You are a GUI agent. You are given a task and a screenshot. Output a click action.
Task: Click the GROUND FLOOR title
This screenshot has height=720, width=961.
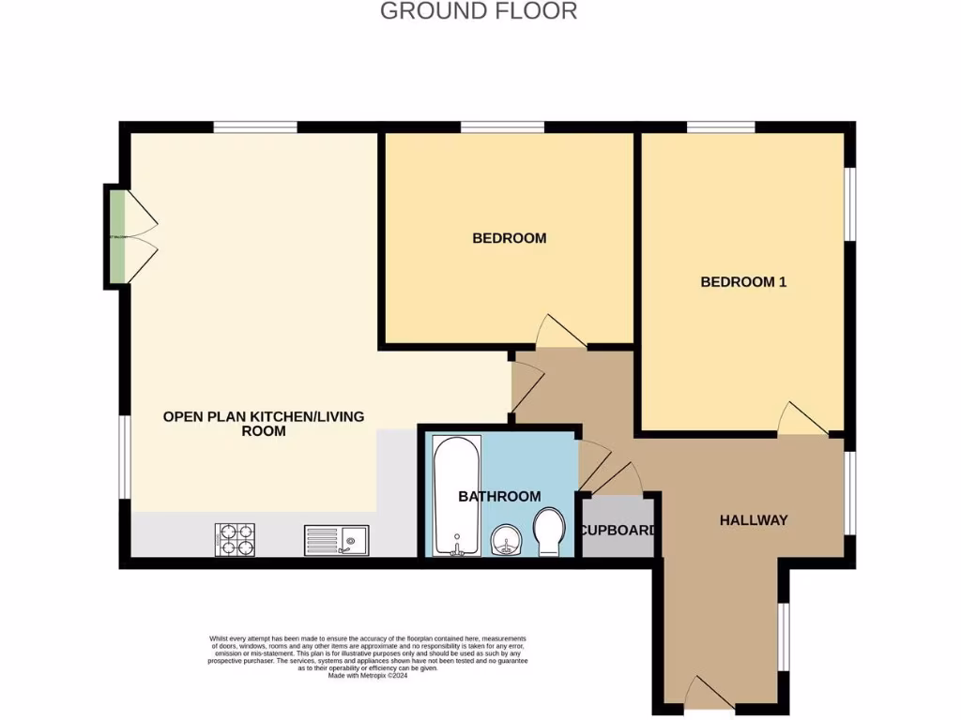(x=479, y=11)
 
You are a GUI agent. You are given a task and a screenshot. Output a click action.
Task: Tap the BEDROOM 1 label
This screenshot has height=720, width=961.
(x=743, y=281)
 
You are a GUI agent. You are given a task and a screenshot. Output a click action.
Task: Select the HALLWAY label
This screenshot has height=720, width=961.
(x=753, y=520)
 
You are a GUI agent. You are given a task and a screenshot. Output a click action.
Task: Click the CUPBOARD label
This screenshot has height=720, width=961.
(x=618, y=531)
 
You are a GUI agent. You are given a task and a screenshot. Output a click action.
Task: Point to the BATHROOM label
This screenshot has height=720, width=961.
(x=499, y=496)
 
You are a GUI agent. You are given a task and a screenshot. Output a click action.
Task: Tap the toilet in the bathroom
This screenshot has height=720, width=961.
(x=548, y=532)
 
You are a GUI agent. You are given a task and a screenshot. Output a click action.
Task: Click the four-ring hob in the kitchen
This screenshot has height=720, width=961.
(x=236, y=539)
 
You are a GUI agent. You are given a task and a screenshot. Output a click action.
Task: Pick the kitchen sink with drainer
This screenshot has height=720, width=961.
(x=335, y=540)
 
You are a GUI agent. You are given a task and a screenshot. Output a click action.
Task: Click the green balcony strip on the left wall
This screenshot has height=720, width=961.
(x=115, y=236)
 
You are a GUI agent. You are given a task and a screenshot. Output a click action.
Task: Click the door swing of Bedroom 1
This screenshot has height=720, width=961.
(x=800, y=420)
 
